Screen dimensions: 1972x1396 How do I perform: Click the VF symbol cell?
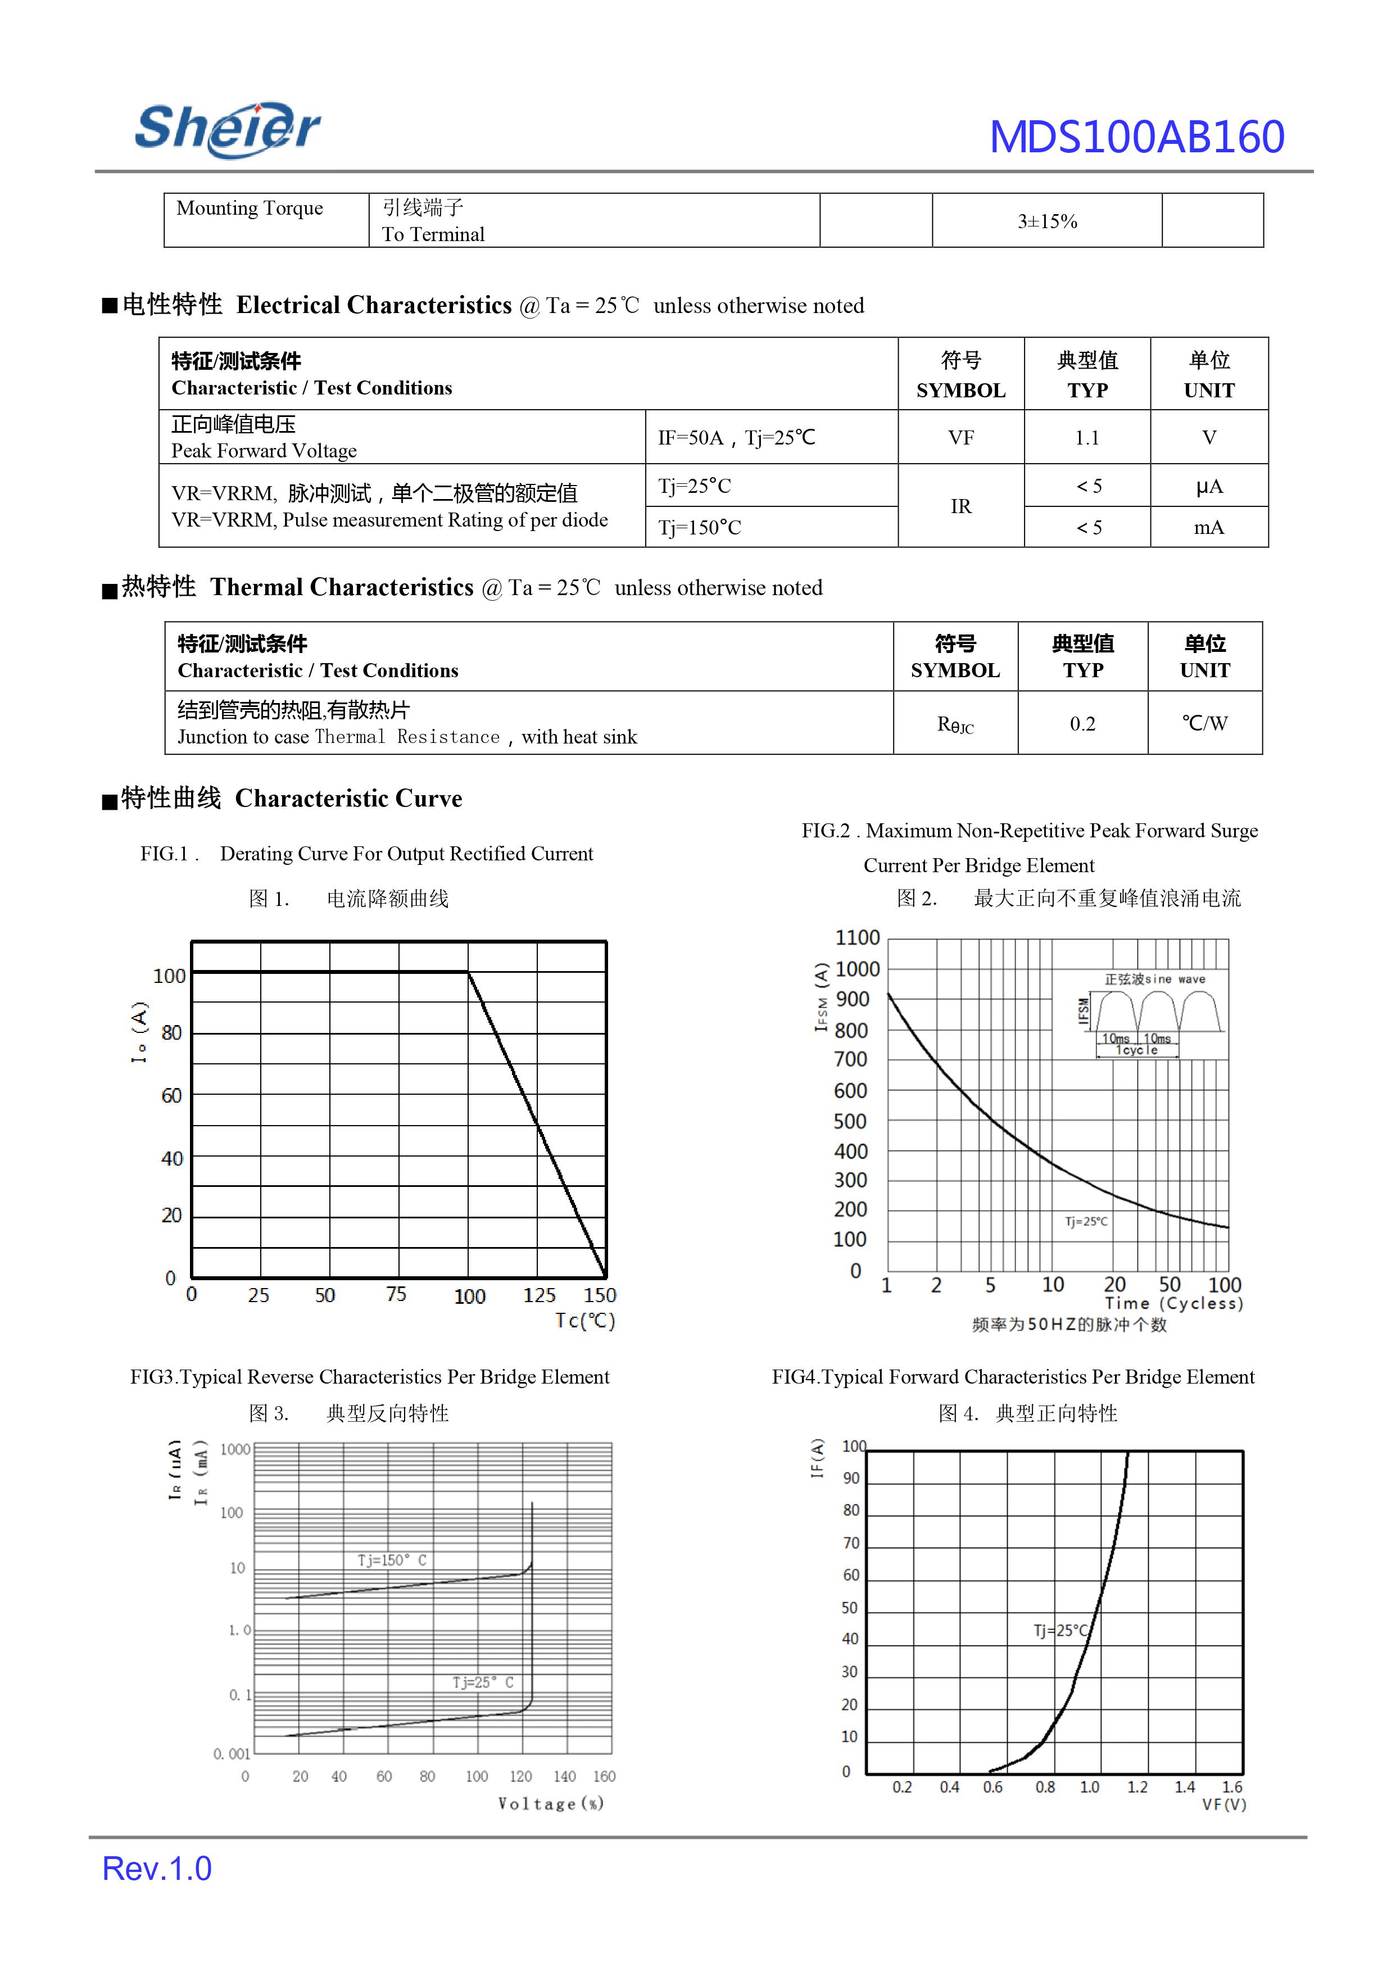960,438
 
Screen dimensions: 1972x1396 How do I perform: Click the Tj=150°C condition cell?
700,528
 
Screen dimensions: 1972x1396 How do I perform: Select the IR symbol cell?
960,506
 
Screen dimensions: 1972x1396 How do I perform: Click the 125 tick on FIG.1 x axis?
539,1295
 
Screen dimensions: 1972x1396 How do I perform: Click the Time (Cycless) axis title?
1173,1304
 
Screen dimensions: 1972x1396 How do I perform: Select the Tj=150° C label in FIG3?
392,1560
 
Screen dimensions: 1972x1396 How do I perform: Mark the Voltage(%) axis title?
550,1803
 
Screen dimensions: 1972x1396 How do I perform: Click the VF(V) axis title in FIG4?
1223,1805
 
